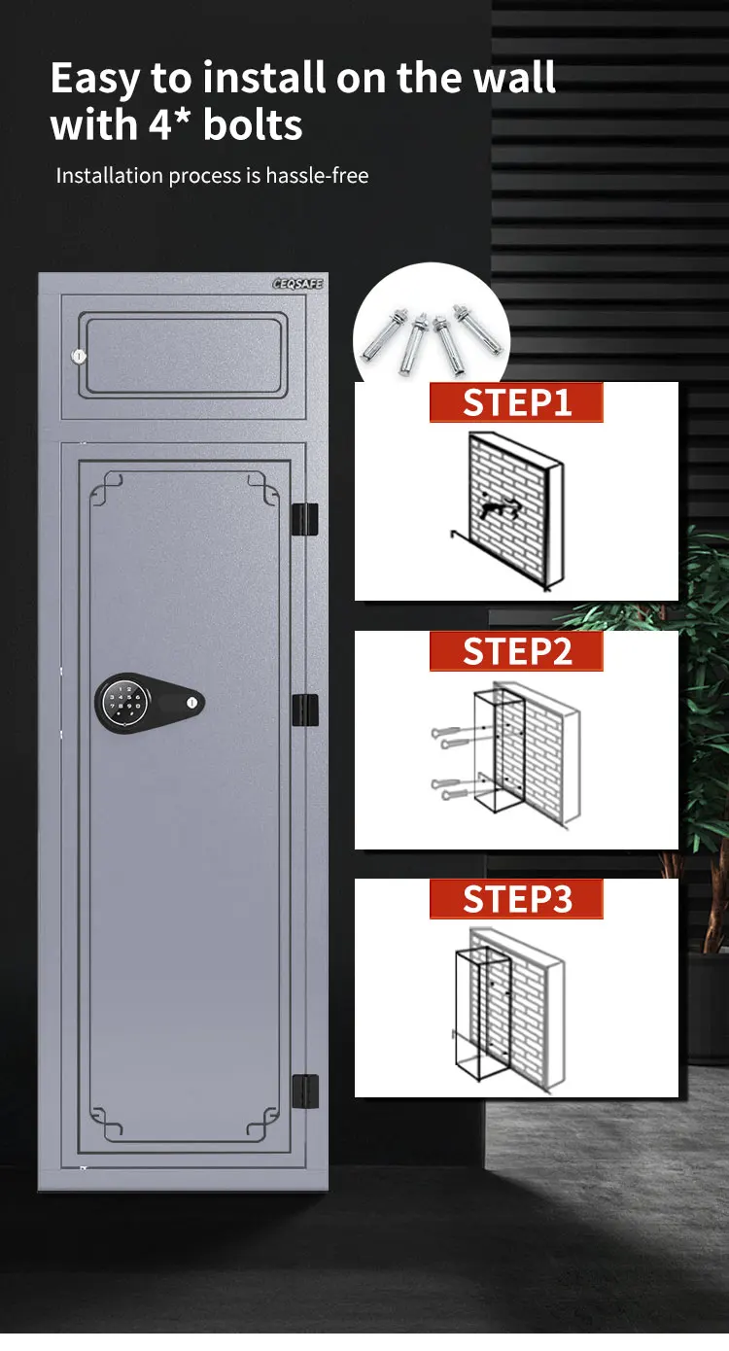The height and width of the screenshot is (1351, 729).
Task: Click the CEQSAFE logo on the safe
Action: tap(297, 284)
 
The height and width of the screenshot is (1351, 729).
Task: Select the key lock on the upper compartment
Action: tap(78, 357)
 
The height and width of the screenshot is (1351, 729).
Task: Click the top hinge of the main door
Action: tap(305, 519)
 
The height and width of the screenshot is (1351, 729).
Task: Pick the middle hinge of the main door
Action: tap(305, 710)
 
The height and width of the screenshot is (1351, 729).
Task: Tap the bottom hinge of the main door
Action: tap(305, 1091)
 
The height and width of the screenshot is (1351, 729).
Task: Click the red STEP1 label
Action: tap(516, 402)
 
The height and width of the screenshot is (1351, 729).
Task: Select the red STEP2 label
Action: tap(516, 651)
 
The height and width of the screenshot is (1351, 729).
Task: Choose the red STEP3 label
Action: tap(516, 899)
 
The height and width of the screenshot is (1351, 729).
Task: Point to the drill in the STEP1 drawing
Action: tap(495, 505)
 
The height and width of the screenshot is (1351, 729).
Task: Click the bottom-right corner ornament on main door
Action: tap(262, 1126)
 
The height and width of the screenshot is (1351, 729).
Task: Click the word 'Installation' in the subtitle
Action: tap(109, 176)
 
